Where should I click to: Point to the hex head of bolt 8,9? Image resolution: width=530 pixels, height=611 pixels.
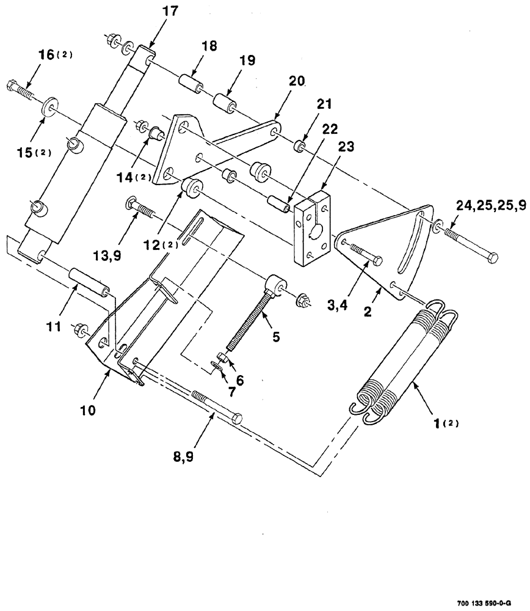point(236,419)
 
